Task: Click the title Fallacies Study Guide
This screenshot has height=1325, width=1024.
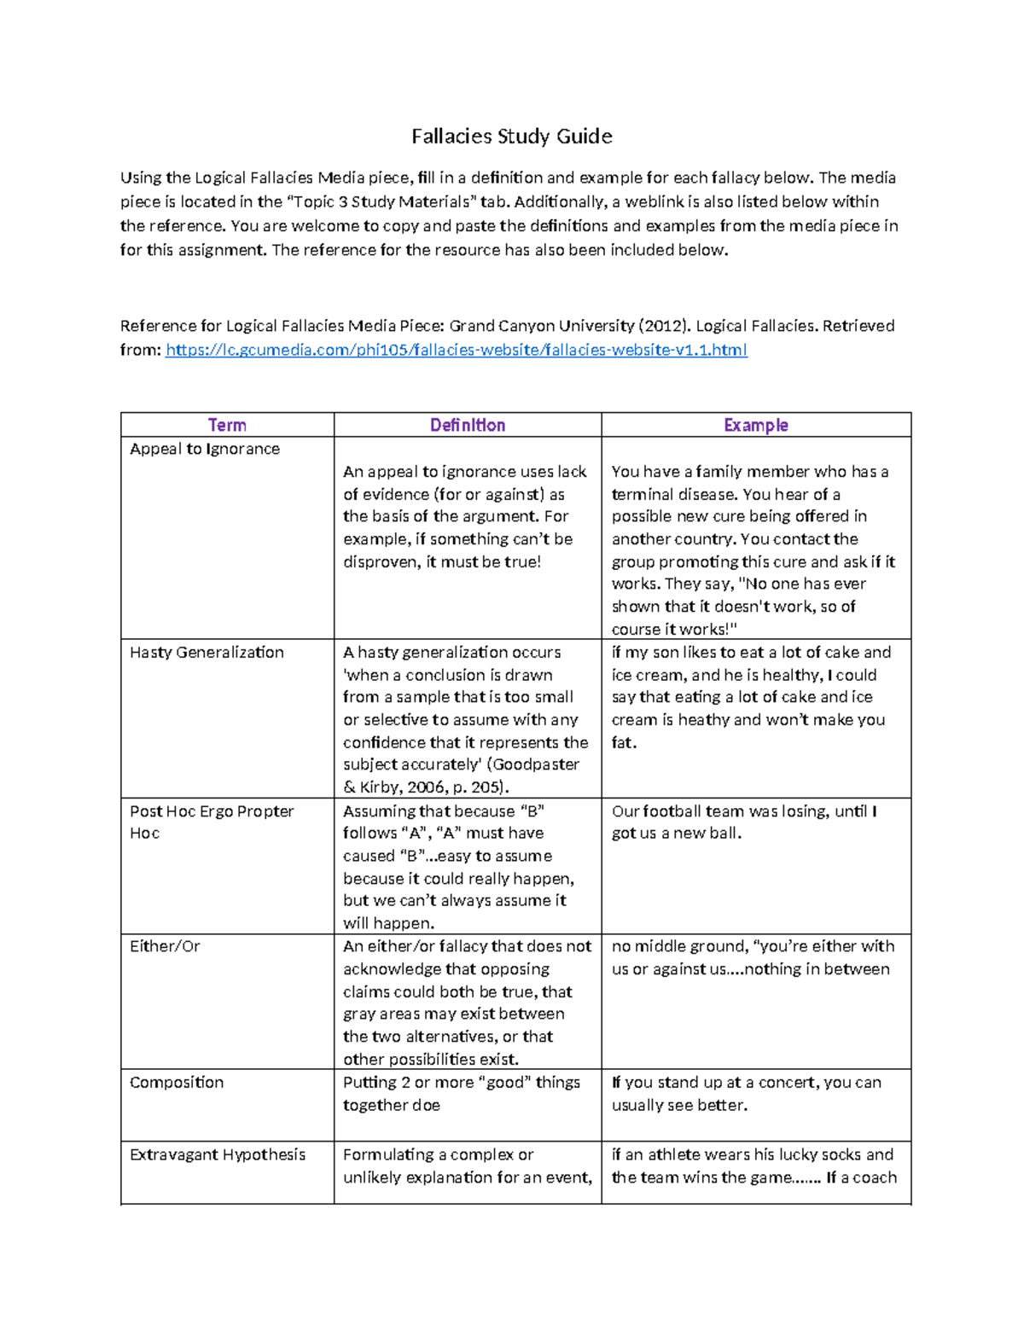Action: [x=511, y=137]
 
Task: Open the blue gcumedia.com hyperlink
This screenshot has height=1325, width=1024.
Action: [x=456, y=350]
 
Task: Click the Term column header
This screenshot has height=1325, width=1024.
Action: [x=227, y=425]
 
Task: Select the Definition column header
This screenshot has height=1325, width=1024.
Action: [x=467, y=425]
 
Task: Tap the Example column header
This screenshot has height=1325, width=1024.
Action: [x=755, y=425]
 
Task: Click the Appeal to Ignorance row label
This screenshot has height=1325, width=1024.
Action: [x=205, y=449]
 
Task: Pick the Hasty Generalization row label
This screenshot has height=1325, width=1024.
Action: [x=207, y=652]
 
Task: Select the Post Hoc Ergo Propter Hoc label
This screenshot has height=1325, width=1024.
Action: [x=211, y=822]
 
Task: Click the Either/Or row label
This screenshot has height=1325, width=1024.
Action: [x=165, y=946]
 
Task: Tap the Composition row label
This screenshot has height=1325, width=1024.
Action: [x=177, y=1082]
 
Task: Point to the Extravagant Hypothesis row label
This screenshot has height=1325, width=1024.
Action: [x=218, y=1154]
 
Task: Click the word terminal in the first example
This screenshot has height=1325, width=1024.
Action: [x=643, y=494]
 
